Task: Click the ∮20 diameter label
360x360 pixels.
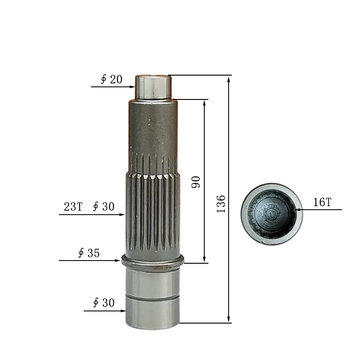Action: click(111, 80)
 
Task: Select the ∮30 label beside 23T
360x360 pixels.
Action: click(103, 207)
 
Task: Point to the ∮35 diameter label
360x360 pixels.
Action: click(89, 253)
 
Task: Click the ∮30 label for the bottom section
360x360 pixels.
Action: click(103, 303)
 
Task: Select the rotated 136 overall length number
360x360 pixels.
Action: click(221, 204)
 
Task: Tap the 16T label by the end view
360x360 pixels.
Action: click(322, 202)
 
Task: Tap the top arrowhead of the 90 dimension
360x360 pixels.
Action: click(205, 102)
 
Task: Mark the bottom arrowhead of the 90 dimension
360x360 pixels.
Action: click(205, 260)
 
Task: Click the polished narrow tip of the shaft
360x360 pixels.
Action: click(153, 87)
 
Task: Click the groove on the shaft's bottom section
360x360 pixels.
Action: click(153, 297)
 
